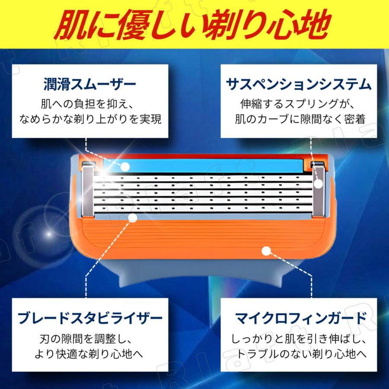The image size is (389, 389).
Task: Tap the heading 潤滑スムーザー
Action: click(x=90, y=83)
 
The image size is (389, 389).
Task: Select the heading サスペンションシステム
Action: click(x=299, y=83)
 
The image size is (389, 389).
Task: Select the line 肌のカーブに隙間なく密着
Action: click(x=300, y=119)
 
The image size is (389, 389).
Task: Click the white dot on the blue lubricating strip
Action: click(x=125, y=166)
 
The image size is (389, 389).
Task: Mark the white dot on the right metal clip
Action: click(x=319, y=184)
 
